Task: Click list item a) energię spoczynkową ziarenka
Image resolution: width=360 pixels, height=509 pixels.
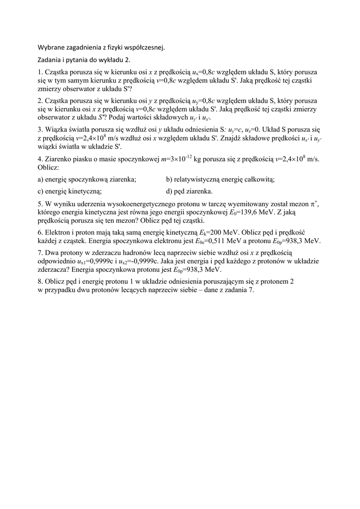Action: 87,179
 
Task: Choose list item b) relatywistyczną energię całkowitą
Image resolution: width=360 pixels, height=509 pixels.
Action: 220,179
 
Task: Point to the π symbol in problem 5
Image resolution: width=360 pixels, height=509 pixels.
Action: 313,204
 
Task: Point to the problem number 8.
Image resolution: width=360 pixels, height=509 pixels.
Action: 40,281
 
